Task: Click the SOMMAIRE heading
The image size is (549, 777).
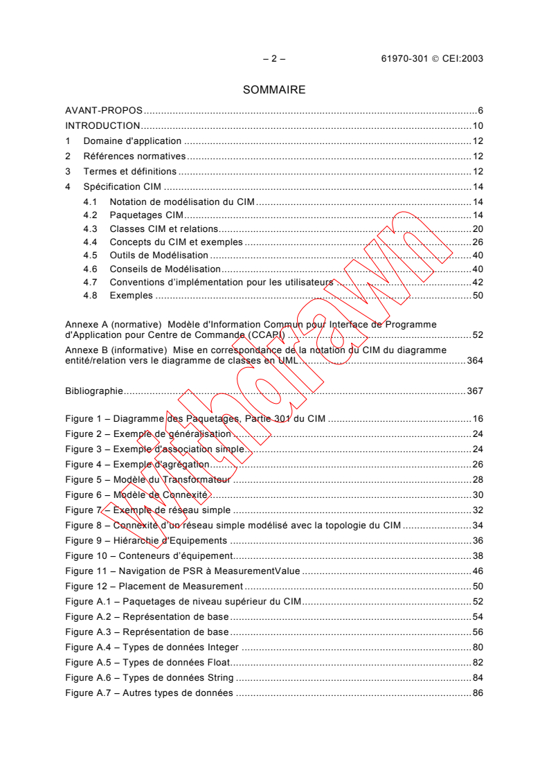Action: point(274,89)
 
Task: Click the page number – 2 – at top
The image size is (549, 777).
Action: point(274,59)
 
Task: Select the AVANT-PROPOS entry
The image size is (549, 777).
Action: point(104,111)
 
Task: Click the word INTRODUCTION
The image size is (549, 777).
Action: point(102,126)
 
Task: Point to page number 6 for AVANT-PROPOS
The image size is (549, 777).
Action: point(480,111)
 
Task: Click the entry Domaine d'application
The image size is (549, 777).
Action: point(132,141)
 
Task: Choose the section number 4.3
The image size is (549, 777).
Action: point(90,229)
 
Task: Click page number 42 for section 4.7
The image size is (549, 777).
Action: point(478,282)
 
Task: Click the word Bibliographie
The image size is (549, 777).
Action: point(94,391)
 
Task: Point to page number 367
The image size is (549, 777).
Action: point(474,391)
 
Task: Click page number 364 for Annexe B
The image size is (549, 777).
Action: point(474,361)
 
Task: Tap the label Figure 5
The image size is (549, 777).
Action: point(84,480)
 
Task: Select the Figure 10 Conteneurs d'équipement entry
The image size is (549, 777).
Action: point(148,555)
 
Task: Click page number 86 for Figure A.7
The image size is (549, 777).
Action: point(478,693)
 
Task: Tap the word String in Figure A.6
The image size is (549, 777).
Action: point(219,677)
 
